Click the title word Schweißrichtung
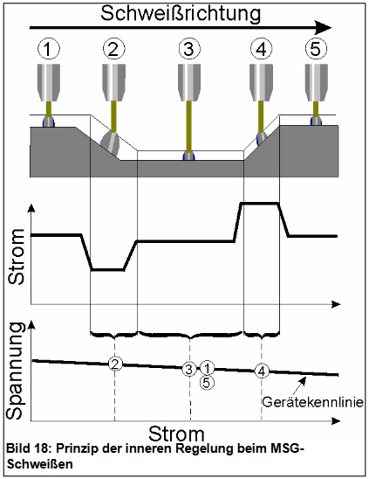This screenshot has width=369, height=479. (181, 14)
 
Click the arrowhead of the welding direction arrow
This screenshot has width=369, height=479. (324, 28)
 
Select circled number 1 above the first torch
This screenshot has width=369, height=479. (49, 49)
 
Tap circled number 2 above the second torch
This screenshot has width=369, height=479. (113, 49)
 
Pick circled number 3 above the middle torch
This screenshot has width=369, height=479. (189, 49)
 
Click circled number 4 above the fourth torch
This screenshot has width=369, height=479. (261, 49)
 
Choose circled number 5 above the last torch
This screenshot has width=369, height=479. (316, 49)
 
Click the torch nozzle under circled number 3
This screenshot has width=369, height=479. (189, 82)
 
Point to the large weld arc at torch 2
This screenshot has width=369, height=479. (110, 143)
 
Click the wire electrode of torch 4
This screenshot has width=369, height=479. (261, 117)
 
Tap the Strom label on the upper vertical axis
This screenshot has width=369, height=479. (17, 257)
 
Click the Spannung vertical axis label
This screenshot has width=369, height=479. (15, 371)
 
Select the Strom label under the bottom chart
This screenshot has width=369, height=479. (176, 434)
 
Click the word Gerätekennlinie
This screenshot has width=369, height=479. (313, 402)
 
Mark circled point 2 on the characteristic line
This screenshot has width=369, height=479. (115, 364)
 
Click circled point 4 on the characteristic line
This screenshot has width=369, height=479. (262, 371)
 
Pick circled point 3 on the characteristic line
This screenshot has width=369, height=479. (189, 370)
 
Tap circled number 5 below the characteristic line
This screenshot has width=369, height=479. (207, 383)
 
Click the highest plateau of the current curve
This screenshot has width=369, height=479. (260, 203)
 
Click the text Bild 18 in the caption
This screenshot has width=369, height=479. (27, 448)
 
